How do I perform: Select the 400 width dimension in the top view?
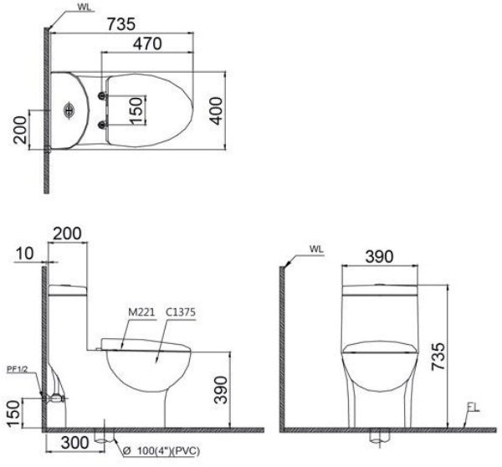point(218,110)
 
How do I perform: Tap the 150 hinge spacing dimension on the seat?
point(136,109)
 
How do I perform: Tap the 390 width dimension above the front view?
point(379,257)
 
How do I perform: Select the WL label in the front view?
point(315,249)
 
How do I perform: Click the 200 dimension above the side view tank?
point(69,233)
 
